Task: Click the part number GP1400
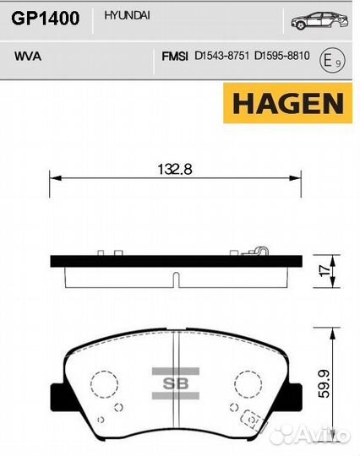(x=46, y=18)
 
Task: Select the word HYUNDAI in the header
(x=127, y=15)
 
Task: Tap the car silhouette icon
(x=319, y=20)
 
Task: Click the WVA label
(x=28, y=56)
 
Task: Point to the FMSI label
(x=175, y=56)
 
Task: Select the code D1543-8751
(x=221, y=56)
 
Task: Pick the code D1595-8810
(x=282, y=55)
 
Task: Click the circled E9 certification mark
(x=332, y=61)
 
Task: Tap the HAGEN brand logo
(x=288, y=103)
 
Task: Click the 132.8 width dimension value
(x=175, y=169)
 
